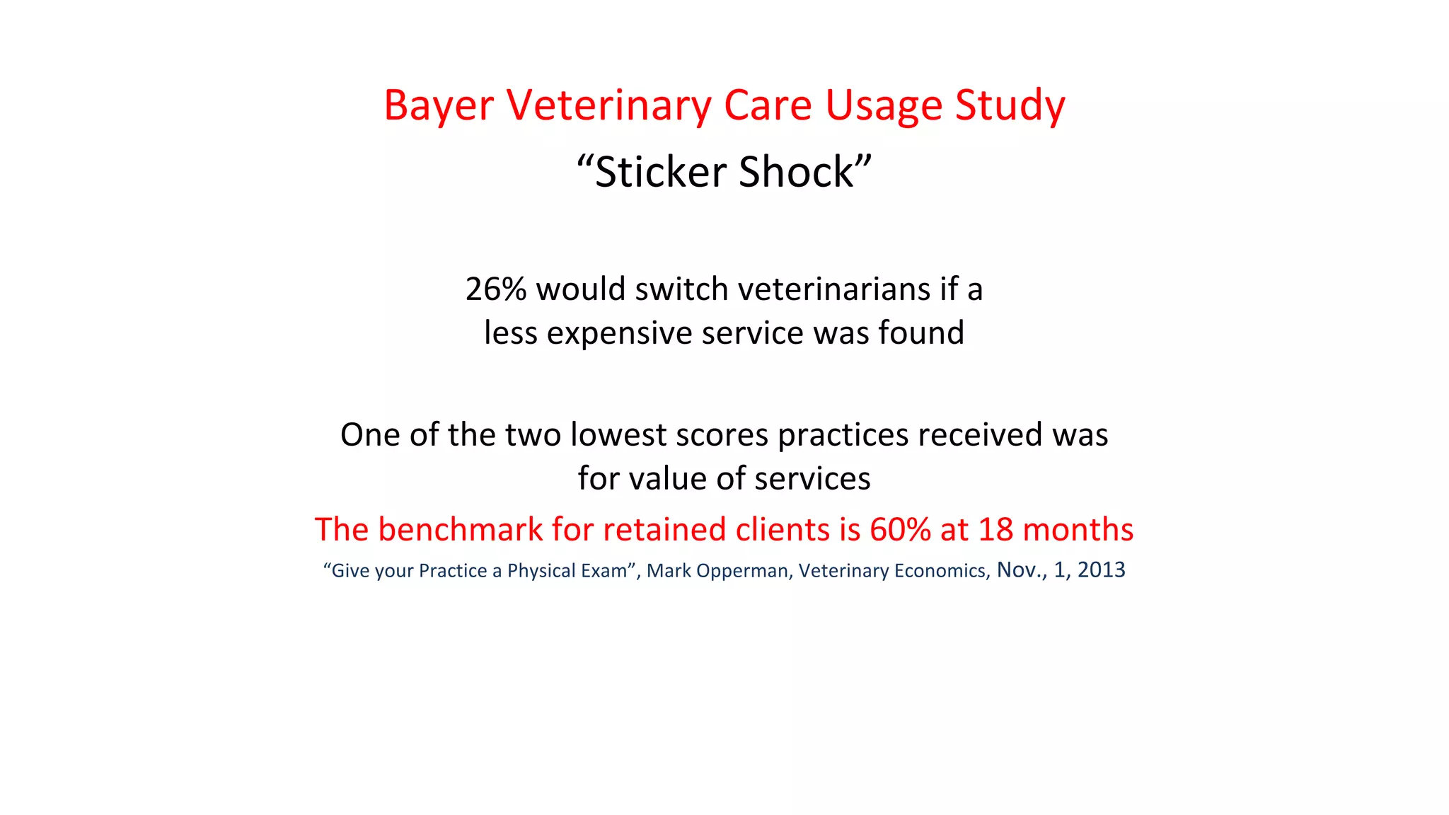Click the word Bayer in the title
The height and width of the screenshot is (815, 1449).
tap(438, 107)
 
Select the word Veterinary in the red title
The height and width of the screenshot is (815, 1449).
tap(608, 107)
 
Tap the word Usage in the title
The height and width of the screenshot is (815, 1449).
tap(884, 107)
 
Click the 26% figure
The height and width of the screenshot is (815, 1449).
tap(496, 289)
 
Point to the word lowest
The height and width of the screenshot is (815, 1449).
tap(618, 435)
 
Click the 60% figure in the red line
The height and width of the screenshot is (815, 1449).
tap(900, 530)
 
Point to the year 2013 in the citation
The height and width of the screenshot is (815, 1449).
tap(1101, 570)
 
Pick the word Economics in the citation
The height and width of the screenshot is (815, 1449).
tap(940, 571)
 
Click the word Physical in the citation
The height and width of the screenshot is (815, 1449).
tap(541, 571)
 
